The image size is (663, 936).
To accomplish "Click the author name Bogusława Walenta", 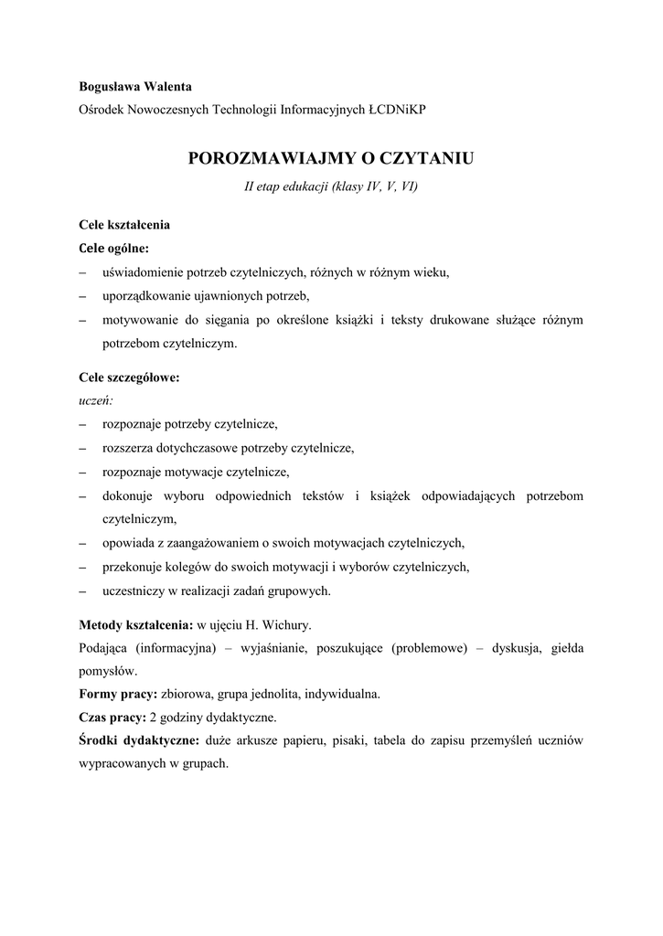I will pyautogui.click(x=135, y=87).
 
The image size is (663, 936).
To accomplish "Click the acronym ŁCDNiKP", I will pyautogui.click(x=397, y=109).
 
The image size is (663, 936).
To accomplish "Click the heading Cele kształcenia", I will pyautogui.click(x=124, y=225).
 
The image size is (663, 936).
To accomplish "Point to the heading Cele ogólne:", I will pyautogui.click(x=115, y=248).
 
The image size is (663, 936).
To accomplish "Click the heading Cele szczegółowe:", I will pyautogui.click(x=129, y=377).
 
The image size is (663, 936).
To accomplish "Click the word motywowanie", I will pyautogui.click(x=140, y=320).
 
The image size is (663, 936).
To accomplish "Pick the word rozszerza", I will pyautogui.click(x=129, y=448).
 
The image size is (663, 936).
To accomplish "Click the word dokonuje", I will pyautogui.click(x=128, y=495).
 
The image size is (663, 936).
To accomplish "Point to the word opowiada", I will pyautogui.click(x=129, y=542).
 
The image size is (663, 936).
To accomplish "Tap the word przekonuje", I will pyautogui.click(x=134, y=567).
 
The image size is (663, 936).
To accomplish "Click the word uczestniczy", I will pyautogui.click(x=134, y=590).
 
